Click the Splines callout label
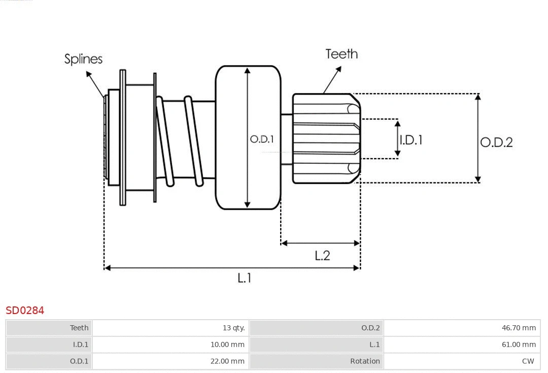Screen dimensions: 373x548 pyautogui.click(x=83, y=59)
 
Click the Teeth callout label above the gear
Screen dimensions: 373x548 pyautogui.click(x=341, y=54)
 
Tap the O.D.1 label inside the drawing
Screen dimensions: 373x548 pyautogui.click(x=262, y=139)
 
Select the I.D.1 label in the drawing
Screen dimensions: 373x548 pyautogui.click(x=411, y=140)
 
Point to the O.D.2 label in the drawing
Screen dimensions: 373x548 pyautogui.click(x=496, y=142)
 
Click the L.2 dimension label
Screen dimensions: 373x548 pyautogui.click(x=322, y=256)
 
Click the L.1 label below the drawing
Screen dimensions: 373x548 pyautogui.click(x=245, y=278)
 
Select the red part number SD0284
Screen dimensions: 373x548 pyautogui.click(x=25, y=310)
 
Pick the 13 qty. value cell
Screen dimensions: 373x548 pyautogui.click(x=233, y=328)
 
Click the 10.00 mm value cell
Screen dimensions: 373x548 pyautogui.click(x=227, y=345)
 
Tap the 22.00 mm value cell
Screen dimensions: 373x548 pyautogui.click(x=227, y=361)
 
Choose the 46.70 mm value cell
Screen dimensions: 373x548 pyautogui.click(x=519, y=328)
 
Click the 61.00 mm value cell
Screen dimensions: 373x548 pyautogui.click(x=519, y=345)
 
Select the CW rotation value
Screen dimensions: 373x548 pyautogui.click(x=528, y=361)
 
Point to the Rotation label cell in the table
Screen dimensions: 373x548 pyautogui.click(x=365, y=361)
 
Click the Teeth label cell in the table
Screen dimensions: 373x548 pyautogui.click(x=79, y=328)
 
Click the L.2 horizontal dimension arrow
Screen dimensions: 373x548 pyautogui.click(x=320, y=243)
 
